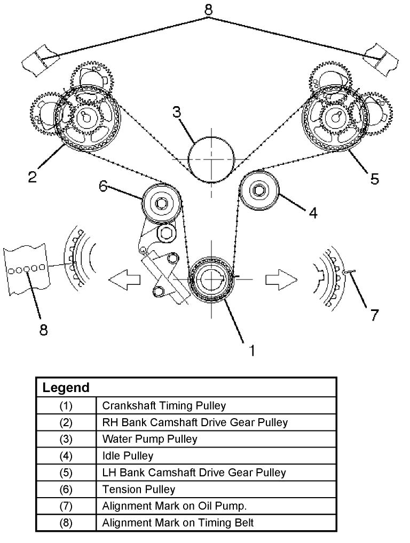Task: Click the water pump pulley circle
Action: click(x=211, y=159)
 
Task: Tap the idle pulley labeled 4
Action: click(x=258, y=190)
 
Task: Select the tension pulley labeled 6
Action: click(x=161, y=203)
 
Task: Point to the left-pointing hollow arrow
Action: click(x=124, y=278)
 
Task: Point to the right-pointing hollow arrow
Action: click(x=280, y=278)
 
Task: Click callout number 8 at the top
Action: click(x=209, y=10)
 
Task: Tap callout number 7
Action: click(x=374, y=314)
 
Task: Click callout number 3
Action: click(x=177, y=113)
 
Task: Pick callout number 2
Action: click(x=33, y=177)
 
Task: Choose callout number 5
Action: click(x=374, y=178)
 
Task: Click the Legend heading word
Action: click(x=66, y=388)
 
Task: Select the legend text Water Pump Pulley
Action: click(x=149, y=439)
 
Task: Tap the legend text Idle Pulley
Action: click(x=128, y=456)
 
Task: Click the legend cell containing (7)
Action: click(x=66, y=506)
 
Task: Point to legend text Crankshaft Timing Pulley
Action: click(x=164, y=405)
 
